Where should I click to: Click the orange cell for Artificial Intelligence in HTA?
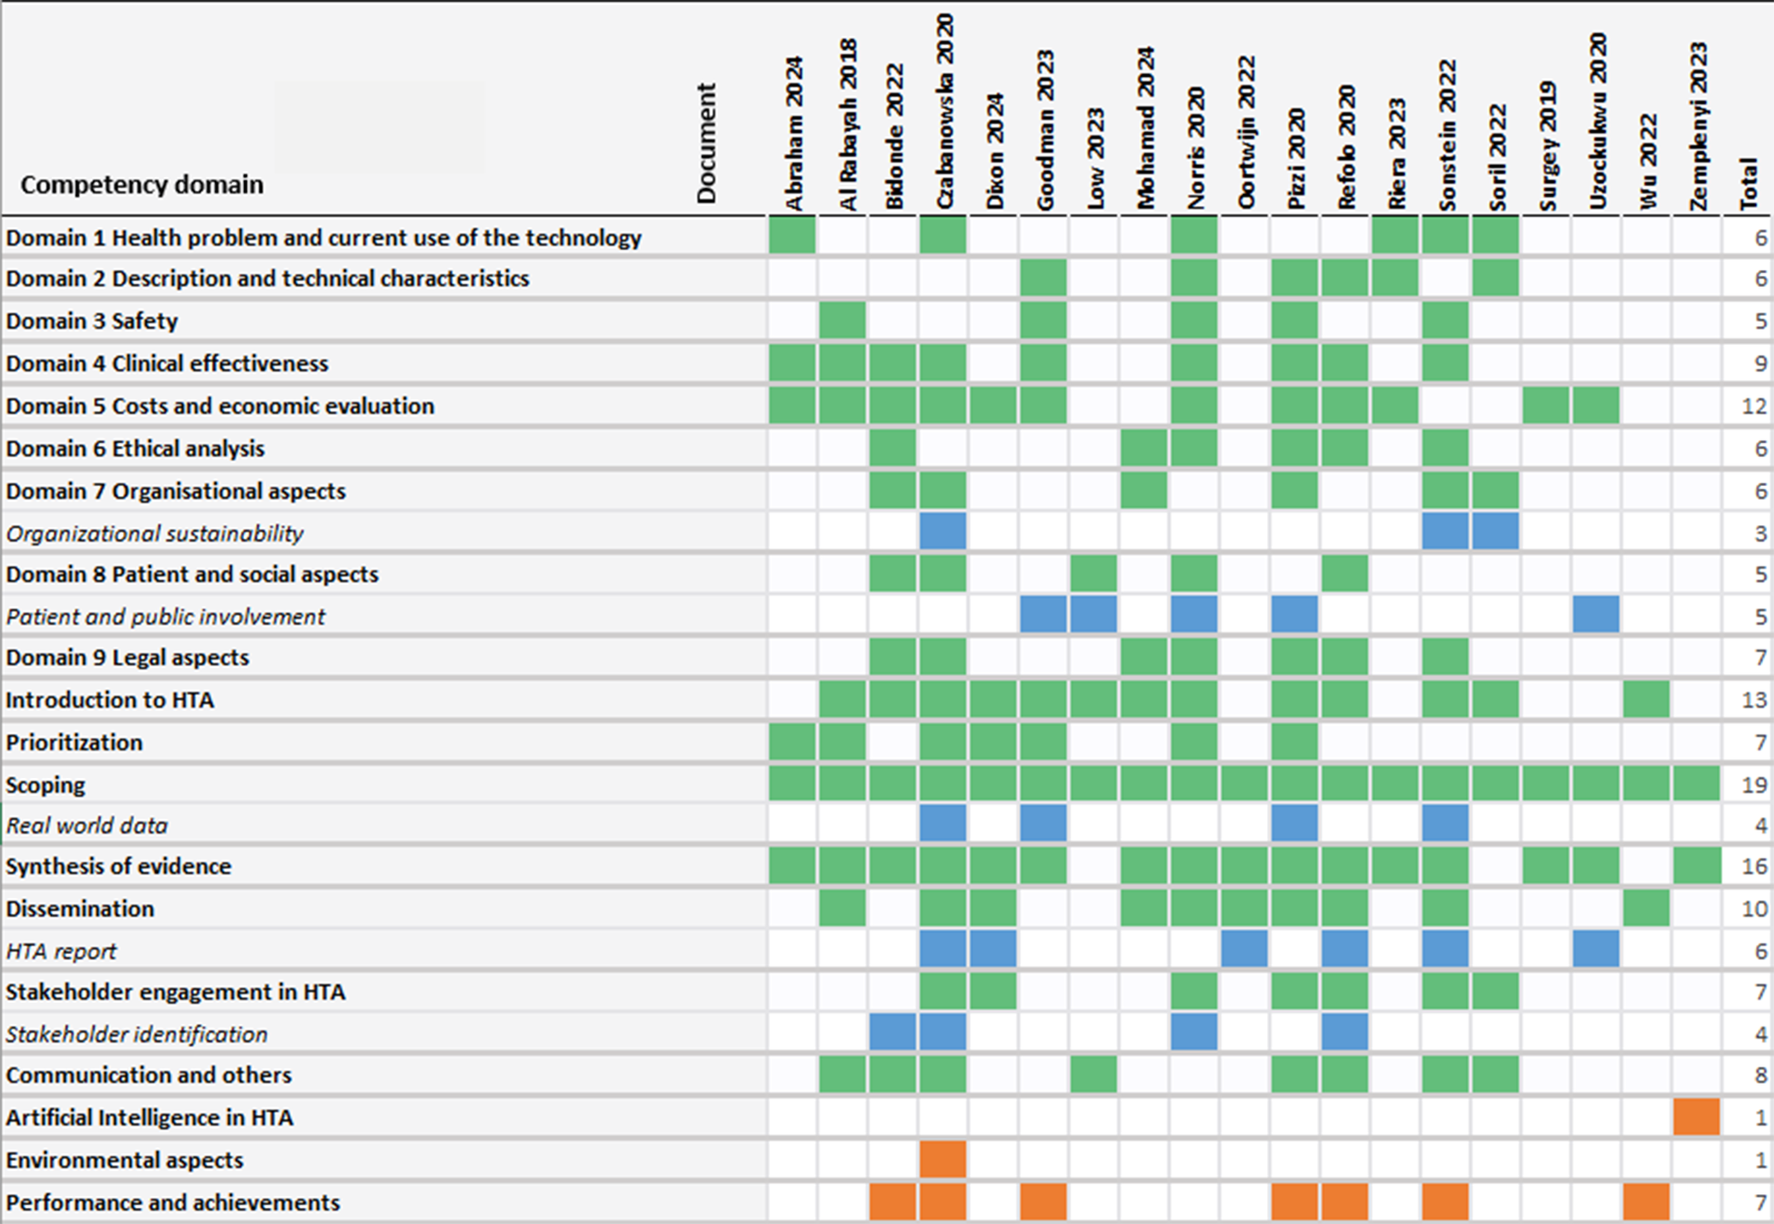pyautogui.click(x=1696, y=1117)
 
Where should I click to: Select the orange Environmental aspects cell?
pyautogui.click(x=943, y=1160)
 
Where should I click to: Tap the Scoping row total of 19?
pyautogui.click(x=1754, y=785)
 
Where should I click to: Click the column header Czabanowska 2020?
pyautogui.click(x=944, y=111)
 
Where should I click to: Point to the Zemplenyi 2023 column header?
pyautogui.click(x=1698, y=126)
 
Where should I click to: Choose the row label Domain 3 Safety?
pyautogui.click(x=92, y=321)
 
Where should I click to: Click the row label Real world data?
pyautogui.click(x=87, y=826)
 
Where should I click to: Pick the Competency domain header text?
pyautogui.click(x=142, y=184)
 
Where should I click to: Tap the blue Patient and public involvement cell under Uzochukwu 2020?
pyautogui.click(x=1596, y=615)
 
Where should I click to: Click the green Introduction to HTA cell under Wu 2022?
pyautogui.click(x=1647, y=700)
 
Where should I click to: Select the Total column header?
pyautogui.click(x=1748, y=184)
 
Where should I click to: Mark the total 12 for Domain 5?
pyautogui.click(x=1754, y=406)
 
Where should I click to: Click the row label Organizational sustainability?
pyautogui.click(x=155, y=534)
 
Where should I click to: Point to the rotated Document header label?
pyautogui.click(x=706, y=143)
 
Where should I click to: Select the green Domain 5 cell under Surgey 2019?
pyautogui.click(x=1546, y=406)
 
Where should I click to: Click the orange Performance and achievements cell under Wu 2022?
pyautogui.click(x=1647, y=1202)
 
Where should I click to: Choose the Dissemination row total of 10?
pyautogui.click(x=1754, y=909)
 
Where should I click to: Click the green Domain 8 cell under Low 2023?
pyautogui.click(x=1094, y=574)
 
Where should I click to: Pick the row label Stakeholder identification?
pyautogui.click(x=137, y=1034)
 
